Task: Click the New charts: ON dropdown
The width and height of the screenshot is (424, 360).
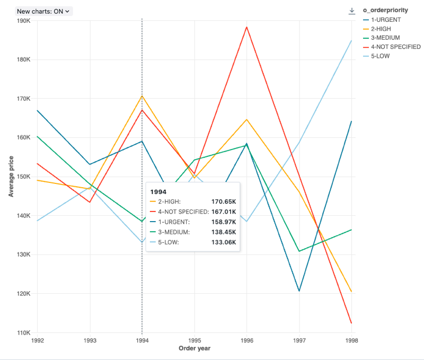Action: coord(43,11)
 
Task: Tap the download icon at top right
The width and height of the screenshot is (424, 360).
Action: coord(351,11)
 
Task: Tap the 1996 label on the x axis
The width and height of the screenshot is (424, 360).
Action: coord(246,339)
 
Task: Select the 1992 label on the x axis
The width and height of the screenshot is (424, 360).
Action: coord(38,339)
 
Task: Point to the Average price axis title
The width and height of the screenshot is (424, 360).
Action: coord(11,177)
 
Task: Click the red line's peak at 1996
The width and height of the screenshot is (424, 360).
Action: coord(246,27)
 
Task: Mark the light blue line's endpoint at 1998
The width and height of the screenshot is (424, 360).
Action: coord(351,40)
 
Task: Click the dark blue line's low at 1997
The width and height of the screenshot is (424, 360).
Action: coord(299,291)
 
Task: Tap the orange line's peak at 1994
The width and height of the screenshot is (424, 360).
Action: coord(142,95)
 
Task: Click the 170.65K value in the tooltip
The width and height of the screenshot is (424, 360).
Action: coord(224,201)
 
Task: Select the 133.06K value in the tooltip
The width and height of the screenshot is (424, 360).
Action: coord(224,242)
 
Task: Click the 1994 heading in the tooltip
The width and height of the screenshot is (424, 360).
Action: coord(159,190)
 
